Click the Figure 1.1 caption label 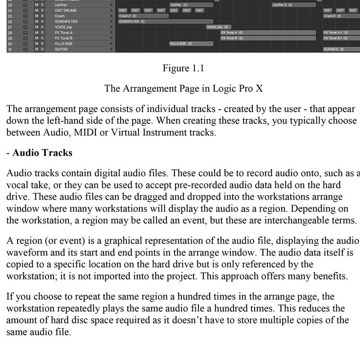[x=183, y=68]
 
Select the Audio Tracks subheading [x=42, y=153]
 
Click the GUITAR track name [x=61, y=49]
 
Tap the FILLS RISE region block [x=191, y=44]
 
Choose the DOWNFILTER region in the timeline [x=165, y=21]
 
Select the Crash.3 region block [x=143, y=16]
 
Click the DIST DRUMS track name [x=65, y=10]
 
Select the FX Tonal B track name [x=63, y=38]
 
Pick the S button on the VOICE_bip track [x=42, y=27]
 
